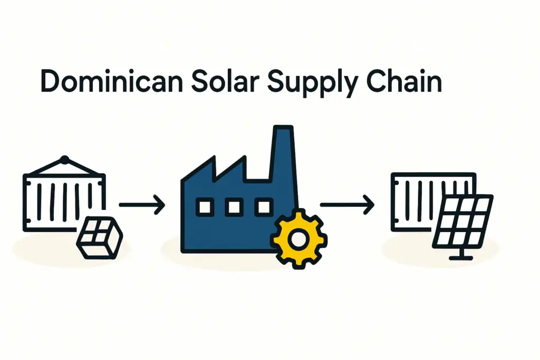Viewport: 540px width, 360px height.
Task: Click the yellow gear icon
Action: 298,238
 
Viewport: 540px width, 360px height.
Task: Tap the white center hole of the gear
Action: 299,239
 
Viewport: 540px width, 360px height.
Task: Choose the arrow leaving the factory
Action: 346,205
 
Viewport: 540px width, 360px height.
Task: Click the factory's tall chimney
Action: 282,153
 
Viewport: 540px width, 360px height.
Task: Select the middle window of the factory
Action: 233,207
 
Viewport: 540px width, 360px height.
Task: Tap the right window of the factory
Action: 262,207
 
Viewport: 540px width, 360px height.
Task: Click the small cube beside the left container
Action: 99,240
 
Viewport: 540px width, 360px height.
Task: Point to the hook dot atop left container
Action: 64,159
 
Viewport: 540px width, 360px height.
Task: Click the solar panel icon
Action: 463,221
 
